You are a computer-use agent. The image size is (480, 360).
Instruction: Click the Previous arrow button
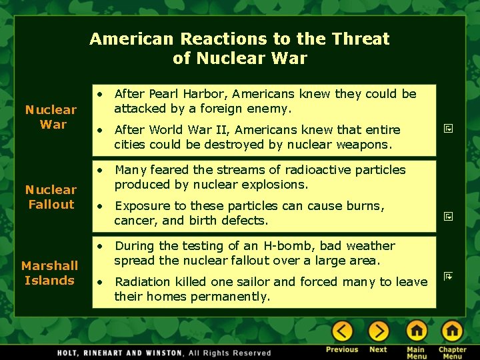(342, 331)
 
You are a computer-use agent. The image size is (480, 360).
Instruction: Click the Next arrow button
(378, 331)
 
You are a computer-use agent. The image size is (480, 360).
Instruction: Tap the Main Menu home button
(416, 331)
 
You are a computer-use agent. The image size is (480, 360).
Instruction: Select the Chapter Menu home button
(452, 331)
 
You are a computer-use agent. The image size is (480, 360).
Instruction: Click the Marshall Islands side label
(49, 273)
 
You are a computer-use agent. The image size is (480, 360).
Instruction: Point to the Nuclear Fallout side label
(51, 197)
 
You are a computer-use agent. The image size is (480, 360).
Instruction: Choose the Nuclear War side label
(51, 117)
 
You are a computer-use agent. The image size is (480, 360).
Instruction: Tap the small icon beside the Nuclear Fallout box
(449, 216)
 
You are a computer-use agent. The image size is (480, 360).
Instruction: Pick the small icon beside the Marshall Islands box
(449, 275)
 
